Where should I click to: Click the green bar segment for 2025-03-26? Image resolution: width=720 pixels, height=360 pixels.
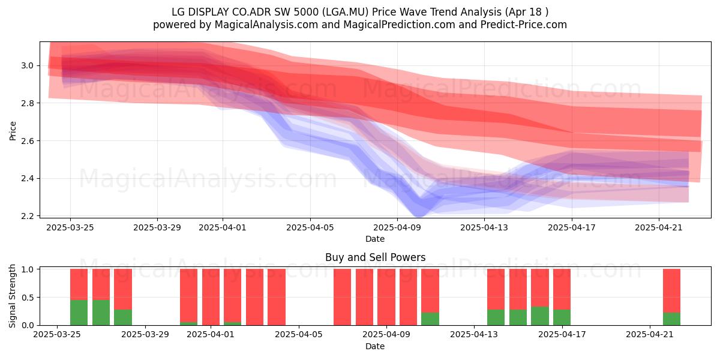click(101, 313)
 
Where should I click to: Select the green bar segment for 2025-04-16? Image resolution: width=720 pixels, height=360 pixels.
click(540, 316)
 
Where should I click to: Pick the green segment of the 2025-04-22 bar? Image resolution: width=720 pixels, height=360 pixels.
click(672, 319)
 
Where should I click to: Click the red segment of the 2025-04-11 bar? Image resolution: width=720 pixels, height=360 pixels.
click(430, 290)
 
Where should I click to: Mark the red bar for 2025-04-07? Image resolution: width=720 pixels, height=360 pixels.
click(343, 297)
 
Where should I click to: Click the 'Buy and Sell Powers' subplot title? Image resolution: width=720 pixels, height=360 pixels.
click(375, 257)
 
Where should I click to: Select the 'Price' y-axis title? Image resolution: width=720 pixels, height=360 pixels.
click(13, 131)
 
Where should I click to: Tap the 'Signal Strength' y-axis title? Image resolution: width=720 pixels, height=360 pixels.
click(12, 296)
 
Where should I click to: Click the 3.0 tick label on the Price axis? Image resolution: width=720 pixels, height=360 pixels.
click(28, 65)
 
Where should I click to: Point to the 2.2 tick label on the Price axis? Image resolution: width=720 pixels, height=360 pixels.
click(28, 216)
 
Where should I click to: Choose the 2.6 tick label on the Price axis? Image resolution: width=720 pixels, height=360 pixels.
click(28, 141)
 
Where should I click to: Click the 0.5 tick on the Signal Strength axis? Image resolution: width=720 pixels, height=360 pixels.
click(28, 298)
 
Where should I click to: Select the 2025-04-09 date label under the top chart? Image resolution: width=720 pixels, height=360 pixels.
click(397, 228)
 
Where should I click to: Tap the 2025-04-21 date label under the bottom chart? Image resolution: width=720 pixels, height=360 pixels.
click(650, 335)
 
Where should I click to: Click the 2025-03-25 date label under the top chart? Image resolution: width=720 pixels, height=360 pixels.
click(70, 228)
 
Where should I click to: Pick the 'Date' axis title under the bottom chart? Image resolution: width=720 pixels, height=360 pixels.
click(375, 347)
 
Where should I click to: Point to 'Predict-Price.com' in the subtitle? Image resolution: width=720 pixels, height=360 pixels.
click(524, 25)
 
